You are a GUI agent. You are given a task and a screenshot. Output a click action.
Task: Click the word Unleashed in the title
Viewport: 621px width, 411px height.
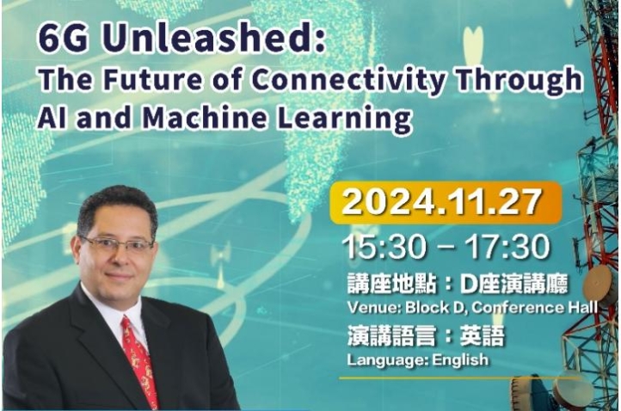212,39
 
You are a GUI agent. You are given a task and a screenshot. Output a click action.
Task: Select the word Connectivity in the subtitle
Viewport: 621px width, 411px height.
347,80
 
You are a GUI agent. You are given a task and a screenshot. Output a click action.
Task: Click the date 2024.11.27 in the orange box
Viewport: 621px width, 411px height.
441,202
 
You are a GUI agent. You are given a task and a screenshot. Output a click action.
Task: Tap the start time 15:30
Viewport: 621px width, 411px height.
384,247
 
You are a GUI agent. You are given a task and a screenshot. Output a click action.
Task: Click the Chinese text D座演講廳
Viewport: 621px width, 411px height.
514,284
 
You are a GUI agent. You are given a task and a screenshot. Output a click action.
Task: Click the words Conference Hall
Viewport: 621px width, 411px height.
535,308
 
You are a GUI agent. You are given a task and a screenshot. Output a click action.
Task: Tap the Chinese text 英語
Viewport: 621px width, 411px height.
483,336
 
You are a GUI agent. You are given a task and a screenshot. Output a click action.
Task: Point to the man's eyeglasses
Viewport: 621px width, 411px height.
118,243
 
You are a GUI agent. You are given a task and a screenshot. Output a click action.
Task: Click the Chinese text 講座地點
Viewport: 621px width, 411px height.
391,284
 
